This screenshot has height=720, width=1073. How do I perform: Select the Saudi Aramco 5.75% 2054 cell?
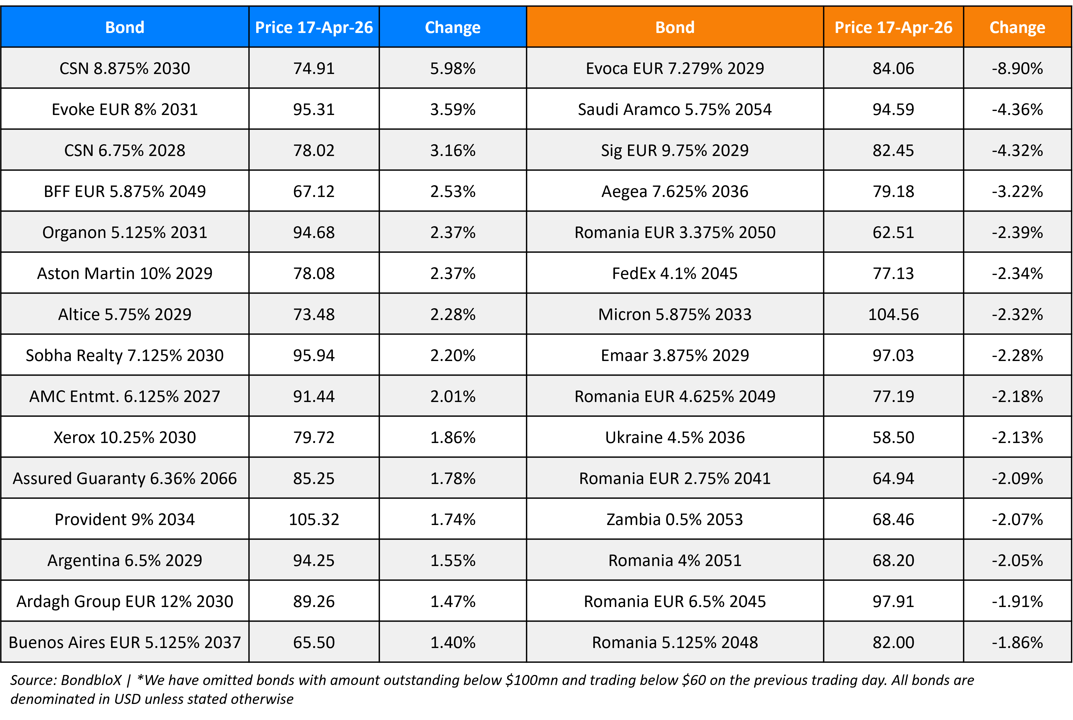click(x=674, y=109)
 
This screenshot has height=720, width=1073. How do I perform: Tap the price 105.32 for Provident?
click(x=314, y=519)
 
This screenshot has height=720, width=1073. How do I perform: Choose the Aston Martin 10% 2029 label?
click(x=125, y=273)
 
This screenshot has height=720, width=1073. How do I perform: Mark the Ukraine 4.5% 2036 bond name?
click(x=674, y=437)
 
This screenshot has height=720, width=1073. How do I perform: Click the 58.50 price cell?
click(x=893, y=437)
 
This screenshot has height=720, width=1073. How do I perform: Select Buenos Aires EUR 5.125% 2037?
click(x=125, y=642)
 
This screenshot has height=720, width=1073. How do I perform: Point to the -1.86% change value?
click(x=1017, y=642)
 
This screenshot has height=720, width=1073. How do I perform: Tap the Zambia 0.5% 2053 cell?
click(x=674, y=519)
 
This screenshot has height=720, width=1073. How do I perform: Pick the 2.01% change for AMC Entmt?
click(x=452, y=396)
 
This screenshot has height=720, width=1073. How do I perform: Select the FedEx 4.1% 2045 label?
click(x=674, y=273)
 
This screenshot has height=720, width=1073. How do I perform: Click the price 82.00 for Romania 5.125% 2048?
click(x=893, y=642)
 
